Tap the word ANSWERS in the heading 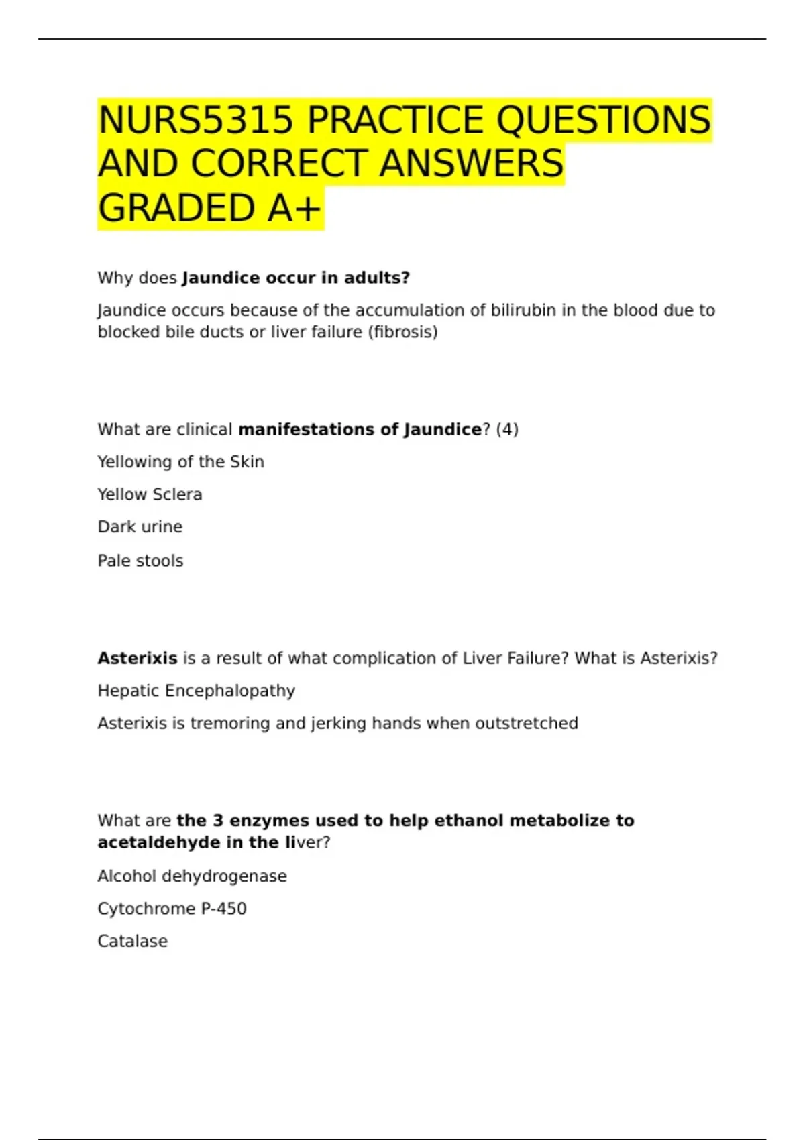[471, 164]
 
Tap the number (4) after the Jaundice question [507, 429]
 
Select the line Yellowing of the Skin [180, 462]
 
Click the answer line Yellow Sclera [150, 494]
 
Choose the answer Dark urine [140, 527]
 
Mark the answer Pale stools [140, 561]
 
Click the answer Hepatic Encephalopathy [196, 691]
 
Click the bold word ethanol [469, 821]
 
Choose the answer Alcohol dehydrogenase [192, 876]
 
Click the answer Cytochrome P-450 [172, 909]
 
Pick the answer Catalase [132, 942]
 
